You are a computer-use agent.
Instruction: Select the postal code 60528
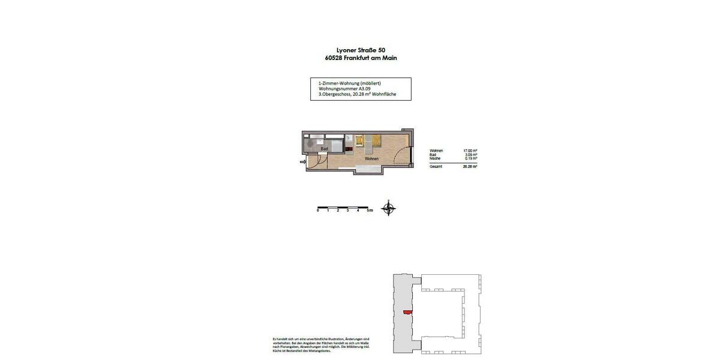point(334,58)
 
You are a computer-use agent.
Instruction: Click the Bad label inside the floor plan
point(324,149)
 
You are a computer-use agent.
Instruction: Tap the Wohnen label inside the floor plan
point(371,159)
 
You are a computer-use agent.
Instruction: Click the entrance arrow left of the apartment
point(302,161)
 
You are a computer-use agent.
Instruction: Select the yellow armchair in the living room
point(359,141)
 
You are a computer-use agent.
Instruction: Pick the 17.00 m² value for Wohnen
point(470,151)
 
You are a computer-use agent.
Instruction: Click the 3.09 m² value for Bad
point(470,155)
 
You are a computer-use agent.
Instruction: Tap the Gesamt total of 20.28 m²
point(470,166)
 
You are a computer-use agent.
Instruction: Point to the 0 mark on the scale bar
point(318,211)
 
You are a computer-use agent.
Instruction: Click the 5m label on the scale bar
point(370,211)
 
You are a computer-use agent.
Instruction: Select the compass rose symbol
point(389,208)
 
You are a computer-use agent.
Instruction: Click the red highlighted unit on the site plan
point(408,311)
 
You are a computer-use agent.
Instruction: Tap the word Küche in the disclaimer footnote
point(278,351)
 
